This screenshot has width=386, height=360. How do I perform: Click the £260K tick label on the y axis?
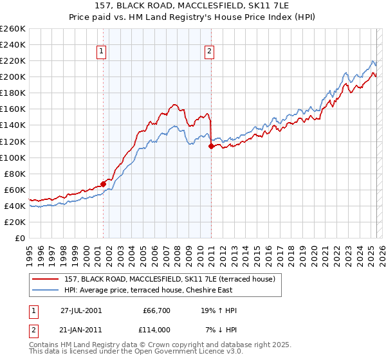coord(13,29)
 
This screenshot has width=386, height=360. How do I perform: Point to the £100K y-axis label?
coord(13,157)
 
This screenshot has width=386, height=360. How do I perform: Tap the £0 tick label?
coord(21,238)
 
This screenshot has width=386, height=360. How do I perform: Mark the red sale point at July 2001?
coord(103,184)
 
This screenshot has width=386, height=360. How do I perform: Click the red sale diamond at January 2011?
coord(211,146)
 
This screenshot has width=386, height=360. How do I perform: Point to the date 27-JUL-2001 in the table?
coord(80,310)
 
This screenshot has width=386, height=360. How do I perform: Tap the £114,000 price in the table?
coord(156,328)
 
